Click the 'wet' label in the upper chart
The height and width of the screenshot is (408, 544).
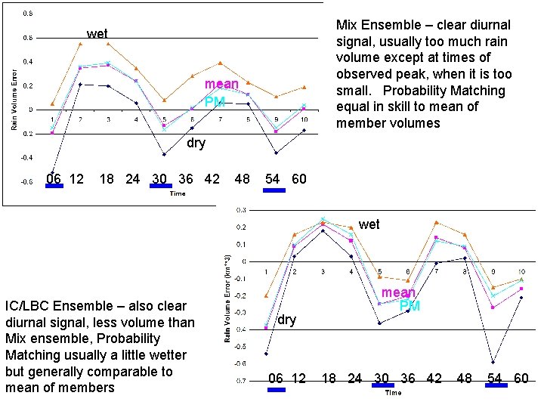[97, 34]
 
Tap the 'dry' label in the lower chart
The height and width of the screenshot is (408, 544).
[286, 320]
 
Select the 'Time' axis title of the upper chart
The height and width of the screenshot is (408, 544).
[178, 193]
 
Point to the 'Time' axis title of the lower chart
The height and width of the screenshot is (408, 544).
[393, 393]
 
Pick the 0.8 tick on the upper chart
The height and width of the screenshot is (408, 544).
[27, 14]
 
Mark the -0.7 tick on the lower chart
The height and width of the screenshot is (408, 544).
[240, 381]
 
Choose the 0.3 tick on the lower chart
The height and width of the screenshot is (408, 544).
[241, 209]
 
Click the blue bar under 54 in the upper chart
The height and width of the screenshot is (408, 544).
[274, 190]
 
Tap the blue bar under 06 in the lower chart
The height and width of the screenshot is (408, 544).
[277, 390]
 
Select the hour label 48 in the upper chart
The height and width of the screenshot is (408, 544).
[243, 179]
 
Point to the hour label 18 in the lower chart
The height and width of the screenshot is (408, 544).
[329, 378]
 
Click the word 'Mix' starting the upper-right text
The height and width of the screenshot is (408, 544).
[350, 25]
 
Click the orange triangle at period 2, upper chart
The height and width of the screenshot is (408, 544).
[80, 44]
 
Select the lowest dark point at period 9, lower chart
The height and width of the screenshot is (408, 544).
[493, 362]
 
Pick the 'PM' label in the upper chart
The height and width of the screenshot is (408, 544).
[215, 101]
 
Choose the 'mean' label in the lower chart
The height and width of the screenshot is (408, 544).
[399, 293]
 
